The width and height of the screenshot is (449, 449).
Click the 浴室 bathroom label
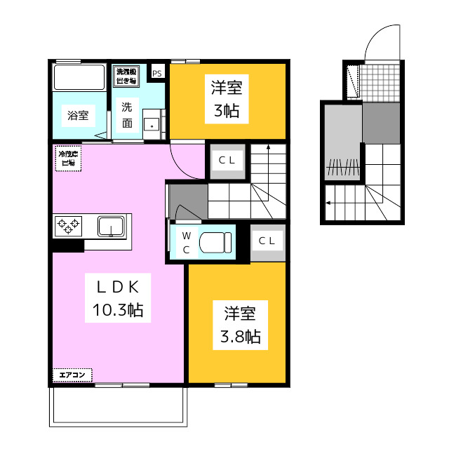pyautogui.click(x=77, y=116)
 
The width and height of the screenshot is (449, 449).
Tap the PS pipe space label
pyautogui.click(x=156, y=72)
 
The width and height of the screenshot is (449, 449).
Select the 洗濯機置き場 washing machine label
pyautogui.click(x=127, y=76)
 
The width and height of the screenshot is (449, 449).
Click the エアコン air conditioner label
pyautogui.click(x=72, y=375)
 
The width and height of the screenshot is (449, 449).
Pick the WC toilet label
pyautogui.click(x=187, y=242)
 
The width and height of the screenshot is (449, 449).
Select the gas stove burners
pyautogui.click(x=68, y=226)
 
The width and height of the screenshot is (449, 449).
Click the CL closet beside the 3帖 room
pyautogui.click(x=227, y=160)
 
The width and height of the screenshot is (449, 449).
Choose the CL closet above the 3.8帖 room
pyautogui.click(x=267, y=241)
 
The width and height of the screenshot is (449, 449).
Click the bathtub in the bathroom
pyautogui.click(x=79, y=76)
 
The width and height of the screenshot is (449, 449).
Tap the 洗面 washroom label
pyautogui.click(x=127, y=115)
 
